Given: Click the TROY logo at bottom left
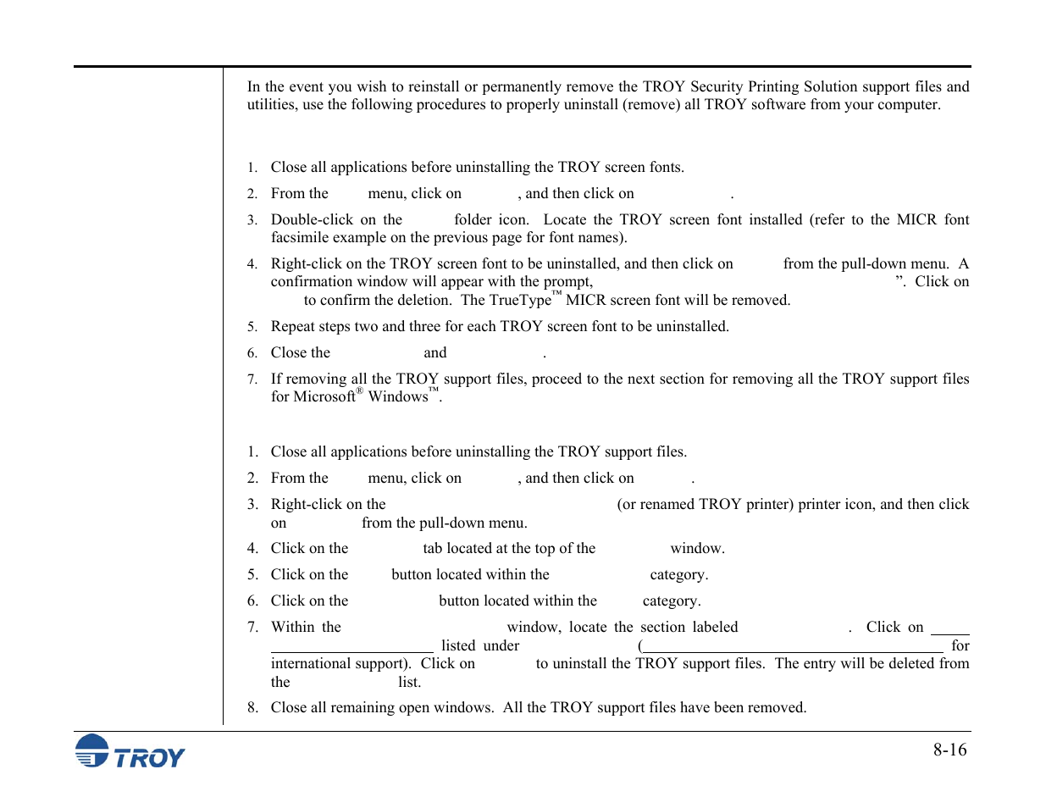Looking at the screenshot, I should (130, 751).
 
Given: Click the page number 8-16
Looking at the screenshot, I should (949, 750).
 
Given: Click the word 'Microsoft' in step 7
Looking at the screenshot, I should (324, 396).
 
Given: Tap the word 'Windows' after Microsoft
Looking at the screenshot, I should (397, 396).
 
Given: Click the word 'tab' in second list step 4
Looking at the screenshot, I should (432, 548).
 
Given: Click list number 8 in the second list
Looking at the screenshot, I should (252, 707).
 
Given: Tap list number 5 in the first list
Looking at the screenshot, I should (252, 327).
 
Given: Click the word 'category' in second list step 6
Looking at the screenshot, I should (670, 600).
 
